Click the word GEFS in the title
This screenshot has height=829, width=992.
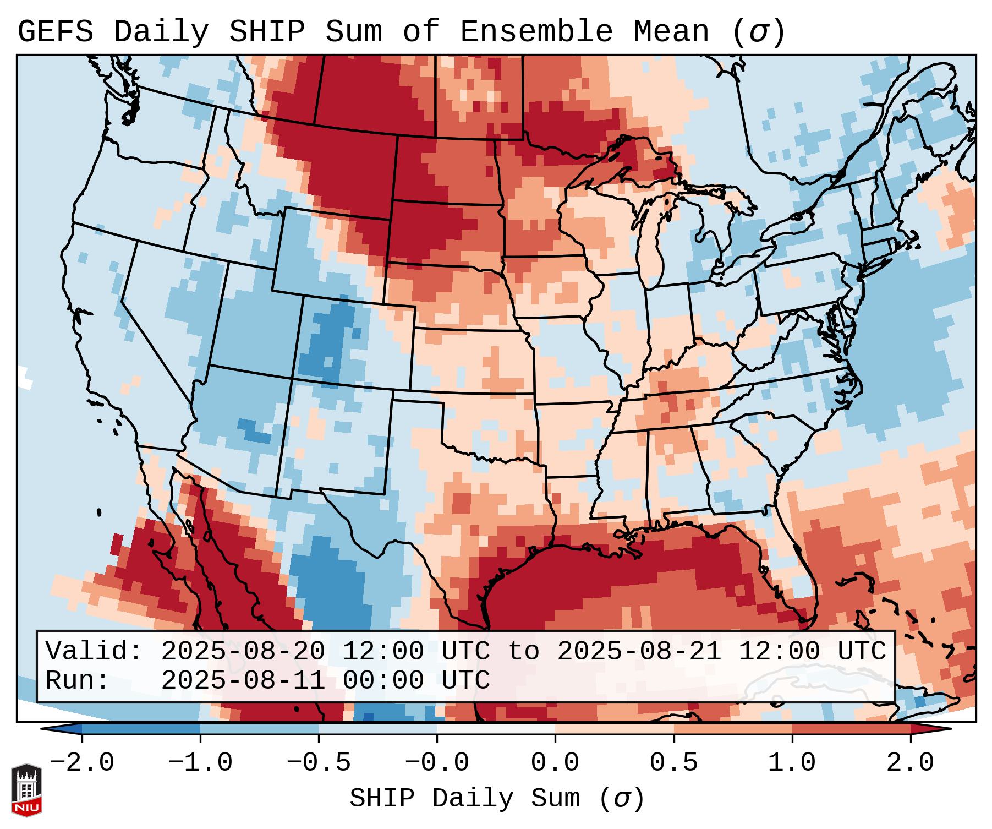55,32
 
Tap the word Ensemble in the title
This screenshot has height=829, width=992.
536,32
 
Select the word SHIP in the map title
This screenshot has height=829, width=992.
266,32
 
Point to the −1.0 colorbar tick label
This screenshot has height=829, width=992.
200,763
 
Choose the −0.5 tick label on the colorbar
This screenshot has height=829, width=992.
319,763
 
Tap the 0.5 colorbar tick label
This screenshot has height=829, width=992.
674,763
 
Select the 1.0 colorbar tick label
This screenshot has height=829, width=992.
792,763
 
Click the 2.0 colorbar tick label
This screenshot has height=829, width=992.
911,763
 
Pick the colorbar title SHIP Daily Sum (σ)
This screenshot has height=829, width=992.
496,799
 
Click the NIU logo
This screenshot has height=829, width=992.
26,790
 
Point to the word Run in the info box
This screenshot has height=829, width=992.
77,680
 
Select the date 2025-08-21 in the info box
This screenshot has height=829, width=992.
639,652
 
